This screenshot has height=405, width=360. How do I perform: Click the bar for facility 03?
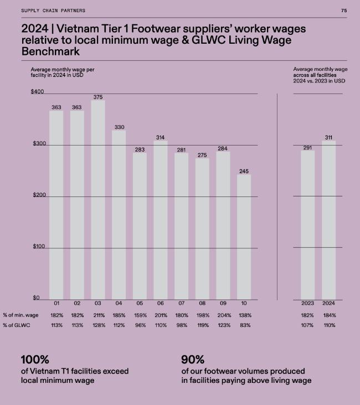[x=98, y=199]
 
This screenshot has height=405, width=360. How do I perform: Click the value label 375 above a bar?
[x=98, y=97]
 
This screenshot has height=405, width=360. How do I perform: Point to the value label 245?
[x=244, y=172]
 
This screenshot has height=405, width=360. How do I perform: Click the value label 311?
[x=329, y=137]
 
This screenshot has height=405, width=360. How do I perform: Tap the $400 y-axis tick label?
[x=37, y=91]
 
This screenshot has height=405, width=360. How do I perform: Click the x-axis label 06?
[x=161, y=303]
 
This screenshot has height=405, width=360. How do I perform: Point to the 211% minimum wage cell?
[x=98, y=315]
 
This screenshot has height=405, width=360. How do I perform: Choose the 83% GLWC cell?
[x=244, y=325]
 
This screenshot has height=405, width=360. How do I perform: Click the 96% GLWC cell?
[x=140, y=325]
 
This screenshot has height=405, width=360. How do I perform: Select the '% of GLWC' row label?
[x=16, y=325]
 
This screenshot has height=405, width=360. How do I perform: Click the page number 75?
[x=344, y=11]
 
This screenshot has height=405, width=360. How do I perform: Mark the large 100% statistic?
[x=34, y=360]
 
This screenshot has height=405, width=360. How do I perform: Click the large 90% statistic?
[x=193, y=360]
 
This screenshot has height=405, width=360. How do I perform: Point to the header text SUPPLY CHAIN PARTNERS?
[x=53, y=11]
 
